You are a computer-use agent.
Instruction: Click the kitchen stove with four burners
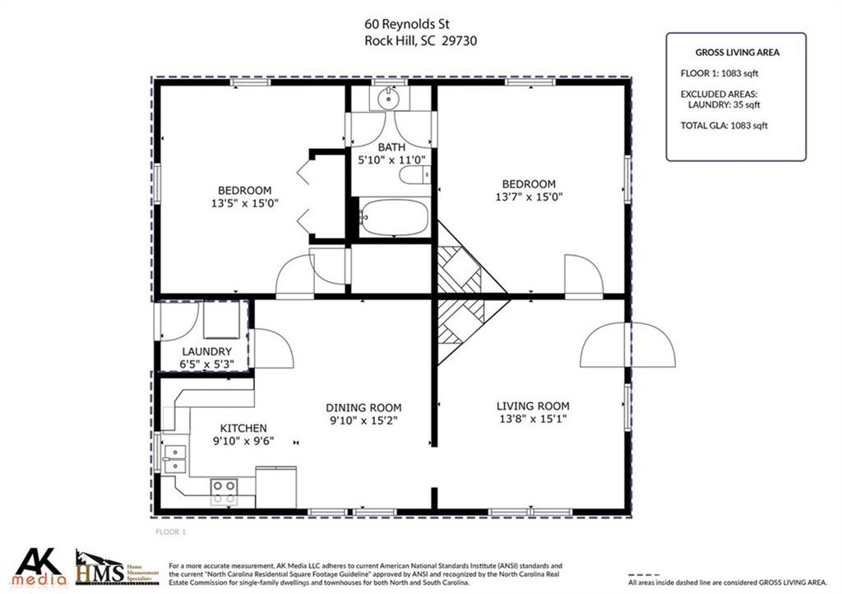point(223,492)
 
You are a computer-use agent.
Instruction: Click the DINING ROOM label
point(363,407)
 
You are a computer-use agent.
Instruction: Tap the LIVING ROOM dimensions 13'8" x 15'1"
point(533,419)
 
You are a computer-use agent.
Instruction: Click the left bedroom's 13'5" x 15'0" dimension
point(244,202)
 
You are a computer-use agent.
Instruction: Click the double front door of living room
point(627,345)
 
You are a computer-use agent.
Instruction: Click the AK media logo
point(40,566)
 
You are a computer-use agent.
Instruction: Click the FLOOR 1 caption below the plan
point(171,532)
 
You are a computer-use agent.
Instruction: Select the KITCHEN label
point(243,428)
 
